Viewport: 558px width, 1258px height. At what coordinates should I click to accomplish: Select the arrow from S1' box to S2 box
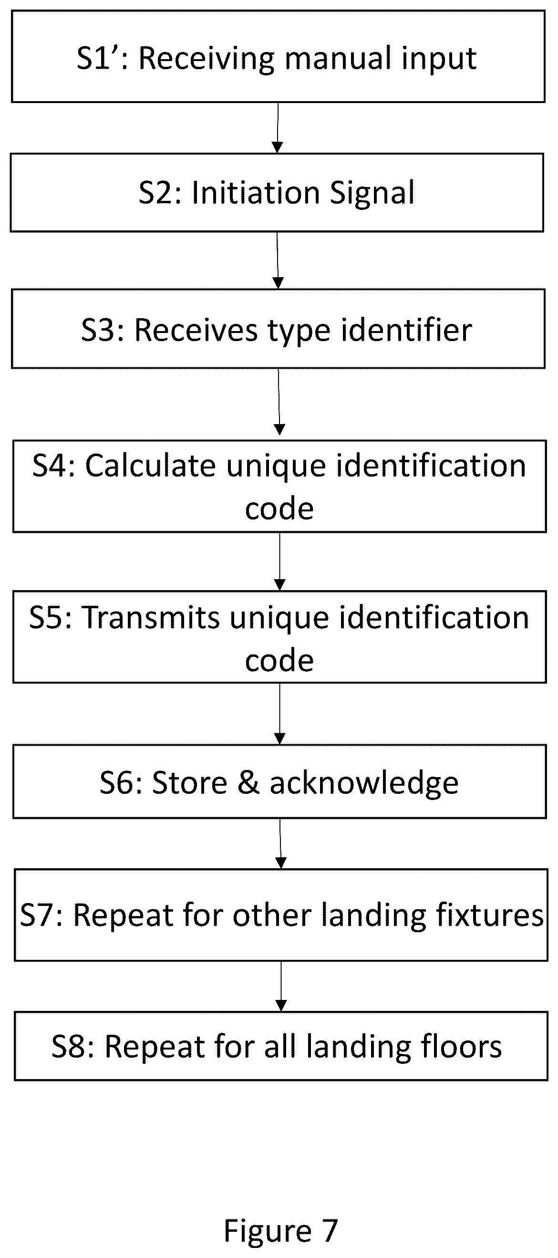pos(277,128)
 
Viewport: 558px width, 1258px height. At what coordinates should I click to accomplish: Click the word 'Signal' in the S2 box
pos(372,193)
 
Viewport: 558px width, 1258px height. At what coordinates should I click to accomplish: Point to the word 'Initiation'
pos(256,192)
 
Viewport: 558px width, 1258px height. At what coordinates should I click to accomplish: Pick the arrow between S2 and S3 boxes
pos(277,260)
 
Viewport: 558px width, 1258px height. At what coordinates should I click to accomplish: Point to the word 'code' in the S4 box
pos(279,509)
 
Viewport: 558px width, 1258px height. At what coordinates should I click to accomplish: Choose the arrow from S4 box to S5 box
pos(280,561)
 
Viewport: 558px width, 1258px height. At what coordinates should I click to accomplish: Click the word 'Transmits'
pos(151,617)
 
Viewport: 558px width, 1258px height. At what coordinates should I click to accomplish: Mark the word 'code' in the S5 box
pos(279,661)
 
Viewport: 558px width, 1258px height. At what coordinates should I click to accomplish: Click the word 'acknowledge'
pos(364,783)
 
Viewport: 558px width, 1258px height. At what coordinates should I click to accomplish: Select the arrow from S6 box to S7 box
pos(281,843)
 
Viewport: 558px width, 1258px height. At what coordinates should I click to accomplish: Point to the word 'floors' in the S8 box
pos(461,1046)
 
